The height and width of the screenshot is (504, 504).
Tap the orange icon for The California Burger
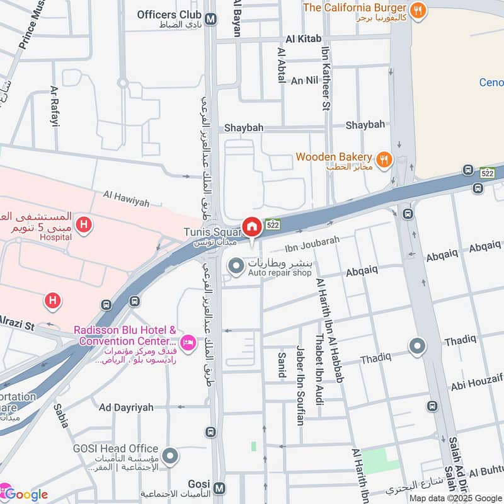pos(417,10)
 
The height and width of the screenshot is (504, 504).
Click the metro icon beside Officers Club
pos(210,19)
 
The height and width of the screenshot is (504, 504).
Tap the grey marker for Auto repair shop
pos(236,267)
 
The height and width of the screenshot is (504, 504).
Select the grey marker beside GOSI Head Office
pos(169,455)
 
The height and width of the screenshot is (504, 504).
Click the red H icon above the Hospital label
pos(83,224)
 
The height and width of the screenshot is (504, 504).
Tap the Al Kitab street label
pos(299,39)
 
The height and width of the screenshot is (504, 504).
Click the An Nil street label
pos(304,81)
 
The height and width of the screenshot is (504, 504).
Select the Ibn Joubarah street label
pos(312,241)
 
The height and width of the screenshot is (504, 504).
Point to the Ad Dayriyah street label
pos(126,408)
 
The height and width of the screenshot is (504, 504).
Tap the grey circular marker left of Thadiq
pos(417,346)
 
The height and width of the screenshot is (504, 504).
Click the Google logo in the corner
pos(25,494)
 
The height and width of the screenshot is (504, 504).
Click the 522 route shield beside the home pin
pos(273,224)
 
